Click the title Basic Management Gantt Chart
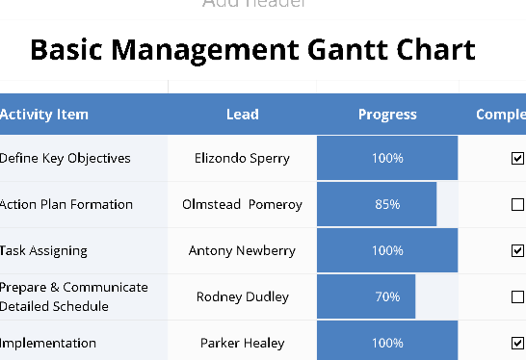(x=252, y=49)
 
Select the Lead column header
(x=242, y=115)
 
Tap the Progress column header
(x=387, y=115)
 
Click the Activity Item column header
(x=44, y=115)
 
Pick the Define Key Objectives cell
(x=65, y=158)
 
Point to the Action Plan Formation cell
(x=66, y=204)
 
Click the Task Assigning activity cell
(x=43, y=250)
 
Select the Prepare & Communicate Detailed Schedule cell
(x=73, y=296)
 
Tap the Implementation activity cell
(x=48, y=343)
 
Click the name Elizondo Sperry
(x=242, y=158)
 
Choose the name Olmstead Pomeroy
(x=242, y=204)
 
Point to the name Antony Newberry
(x=242, y=250)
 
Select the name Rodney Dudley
(x=242, y=296)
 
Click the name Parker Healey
(x=242, y=343)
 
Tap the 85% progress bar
(x=377, y=204)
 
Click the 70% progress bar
(x=366, y=296)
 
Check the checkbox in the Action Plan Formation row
(x=517, y=204)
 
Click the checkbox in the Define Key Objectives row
(x=517, y=158)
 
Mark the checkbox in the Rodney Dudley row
(x=517, y=296)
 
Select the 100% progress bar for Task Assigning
(x=387, y=250)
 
